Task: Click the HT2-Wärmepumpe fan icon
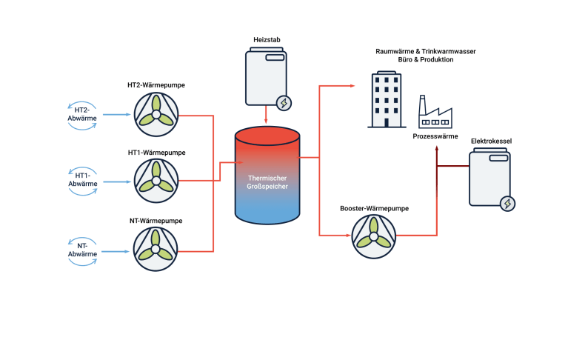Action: [x=156, y=115]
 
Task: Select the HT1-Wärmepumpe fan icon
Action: [x=156, y=180]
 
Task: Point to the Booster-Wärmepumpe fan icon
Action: [x=374, y=235]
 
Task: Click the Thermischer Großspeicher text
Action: [x=267, y=182]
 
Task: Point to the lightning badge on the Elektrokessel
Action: [x=508, y=203]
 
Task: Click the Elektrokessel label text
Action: [x=491, y=140]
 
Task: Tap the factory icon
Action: [x=435, y=113]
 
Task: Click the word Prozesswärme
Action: [x=435, y=136]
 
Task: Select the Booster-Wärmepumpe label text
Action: [x=374, y=209]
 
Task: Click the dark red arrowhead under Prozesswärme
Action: [x=436, y=147]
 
